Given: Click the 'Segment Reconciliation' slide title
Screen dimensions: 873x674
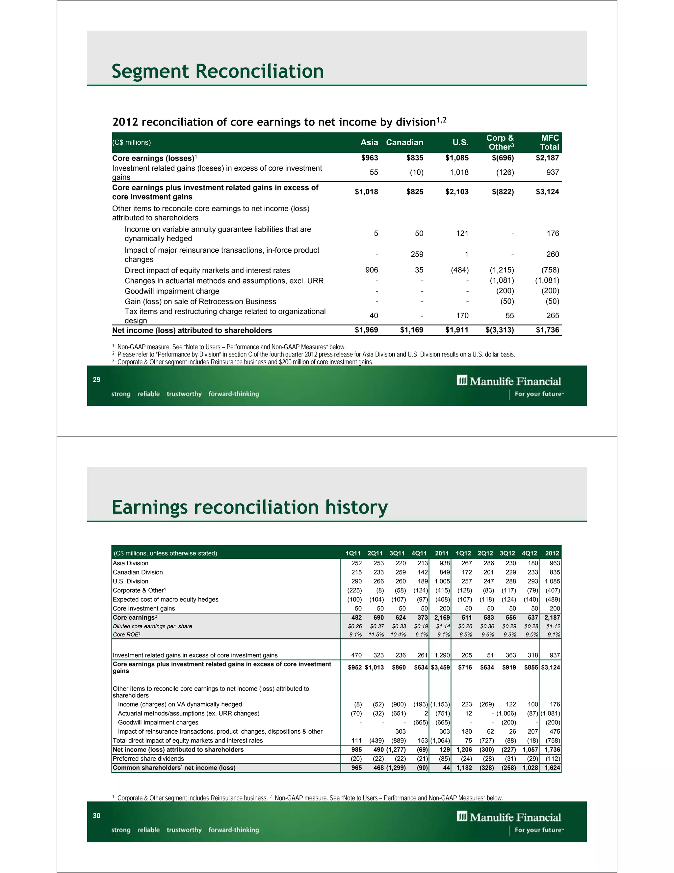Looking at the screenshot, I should (x=218, y=71).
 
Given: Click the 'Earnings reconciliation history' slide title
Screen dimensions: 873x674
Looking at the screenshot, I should (x=249, y=507).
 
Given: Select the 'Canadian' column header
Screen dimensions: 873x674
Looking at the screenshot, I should (x=404, y=143).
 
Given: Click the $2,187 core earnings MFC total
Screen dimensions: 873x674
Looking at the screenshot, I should (x=547, y=158).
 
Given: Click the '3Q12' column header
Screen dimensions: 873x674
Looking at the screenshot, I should (x=507, y=553).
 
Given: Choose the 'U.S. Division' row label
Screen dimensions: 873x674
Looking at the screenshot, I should (x=131, y=581).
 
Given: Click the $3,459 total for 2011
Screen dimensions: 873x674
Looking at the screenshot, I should (x=440, y=667).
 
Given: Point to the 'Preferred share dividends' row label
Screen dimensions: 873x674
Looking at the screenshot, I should (x=148, y=759).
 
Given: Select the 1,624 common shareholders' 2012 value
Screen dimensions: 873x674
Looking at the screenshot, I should (x=552, y=768).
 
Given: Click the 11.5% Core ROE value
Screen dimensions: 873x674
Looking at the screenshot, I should (x=376, y=634).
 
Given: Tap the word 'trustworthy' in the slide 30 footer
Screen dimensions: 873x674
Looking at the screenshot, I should (x=184, y=830).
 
